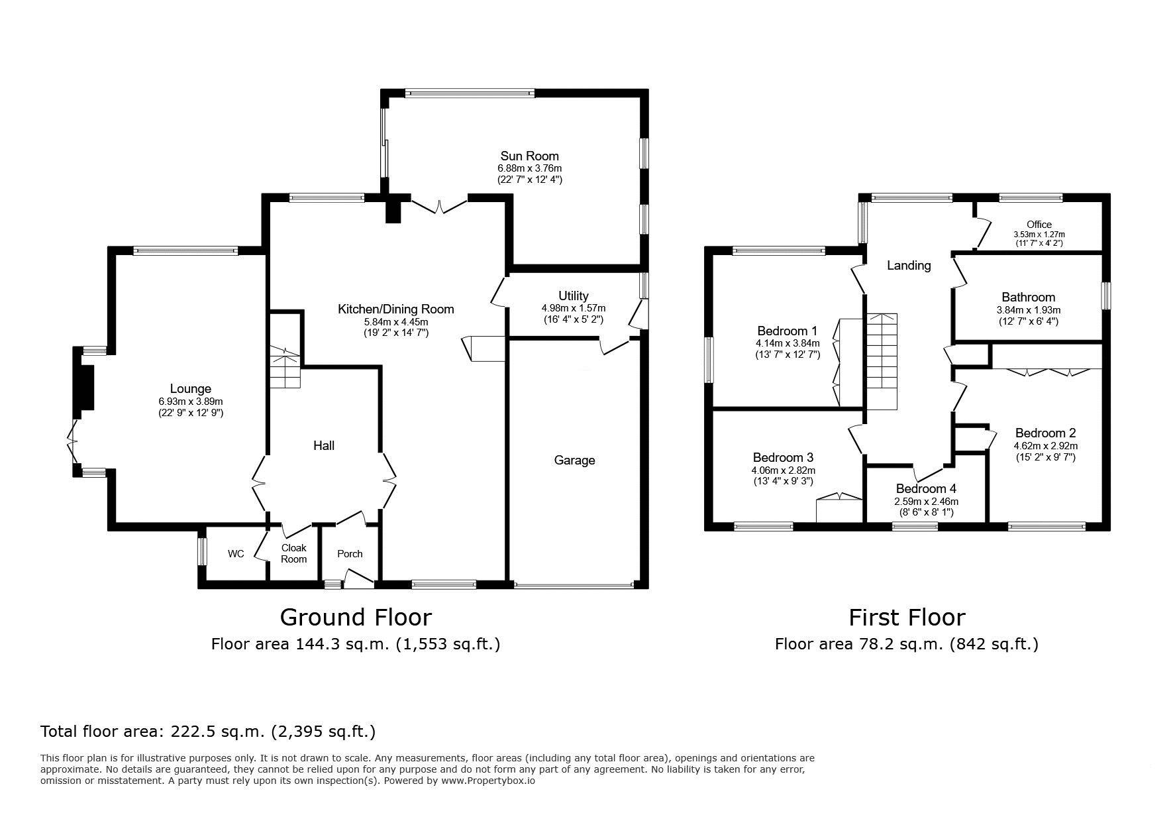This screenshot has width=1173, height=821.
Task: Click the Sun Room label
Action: (529, 156)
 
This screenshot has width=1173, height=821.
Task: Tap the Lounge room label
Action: (190, 389)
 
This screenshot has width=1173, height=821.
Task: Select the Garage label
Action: (574, 461)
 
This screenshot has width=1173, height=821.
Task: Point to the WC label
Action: (236, 554)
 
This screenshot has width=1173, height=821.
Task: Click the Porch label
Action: (350, 554)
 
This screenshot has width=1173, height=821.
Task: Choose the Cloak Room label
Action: (294, 553)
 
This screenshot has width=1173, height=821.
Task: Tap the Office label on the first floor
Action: (1039, 225)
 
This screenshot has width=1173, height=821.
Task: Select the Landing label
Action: (909, 266)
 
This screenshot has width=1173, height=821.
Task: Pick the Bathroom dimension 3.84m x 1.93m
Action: (1028, 310)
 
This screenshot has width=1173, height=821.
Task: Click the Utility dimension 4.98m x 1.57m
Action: (574, 308)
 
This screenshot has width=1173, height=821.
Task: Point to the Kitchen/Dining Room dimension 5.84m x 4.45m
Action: (396, 322)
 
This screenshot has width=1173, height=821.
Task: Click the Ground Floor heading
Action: (356, 618)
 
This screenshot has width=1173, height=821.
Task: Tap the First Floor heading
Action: (907, 618)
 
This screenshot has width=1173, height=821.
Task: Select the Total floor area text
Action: (208, 732)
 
